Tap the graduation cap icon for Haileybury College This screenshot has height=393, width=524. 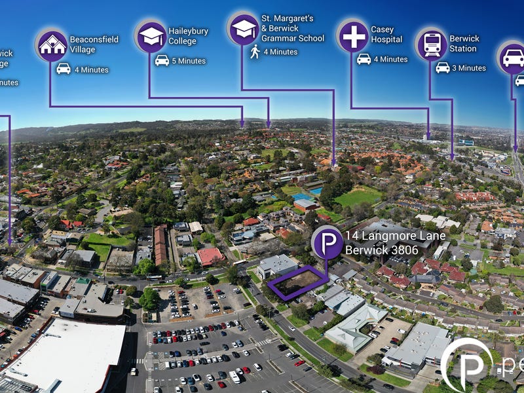(151, 37)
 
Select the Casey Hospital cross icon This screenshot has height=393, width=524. (354, 36)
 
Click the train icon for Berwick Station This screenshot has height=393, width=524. (432, 45)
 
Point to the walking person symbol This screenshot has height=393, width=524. (255, 52)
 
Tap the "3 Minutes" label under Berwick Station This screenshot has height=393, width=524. (469, 68)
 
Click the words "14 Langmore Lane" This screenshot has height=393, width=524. (395, 236)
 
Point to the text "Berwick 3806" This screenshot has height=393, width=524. (381, 250)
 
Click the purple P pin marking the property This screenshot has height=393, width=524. (327, 243)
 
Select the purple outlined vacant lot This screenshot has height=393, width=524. (299, 284)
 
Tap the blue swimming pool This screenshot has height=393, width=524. (315, 191)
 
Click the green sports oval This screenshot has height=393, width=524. (358, 196)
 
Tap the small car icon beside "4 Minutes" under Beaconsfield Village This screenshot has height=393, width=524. (64, 69)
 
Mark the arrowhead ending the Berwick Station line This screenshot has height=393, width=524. (453, 157)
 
